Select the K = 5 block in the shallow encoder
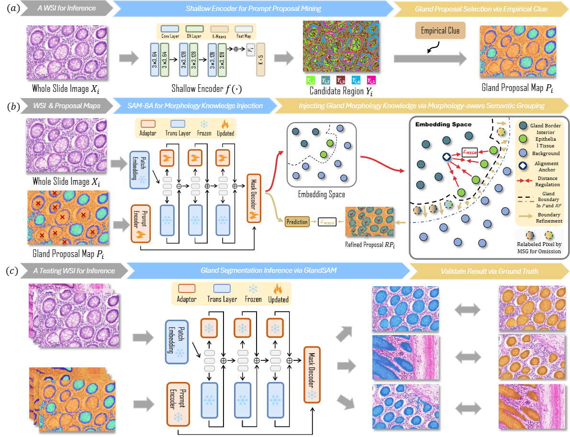tap(261, 63)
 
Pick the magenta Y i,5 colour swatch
tap(371, 80)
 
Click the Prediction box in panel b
tap(296, 222)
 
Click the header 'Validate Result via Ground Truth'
tap(490, 271)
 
